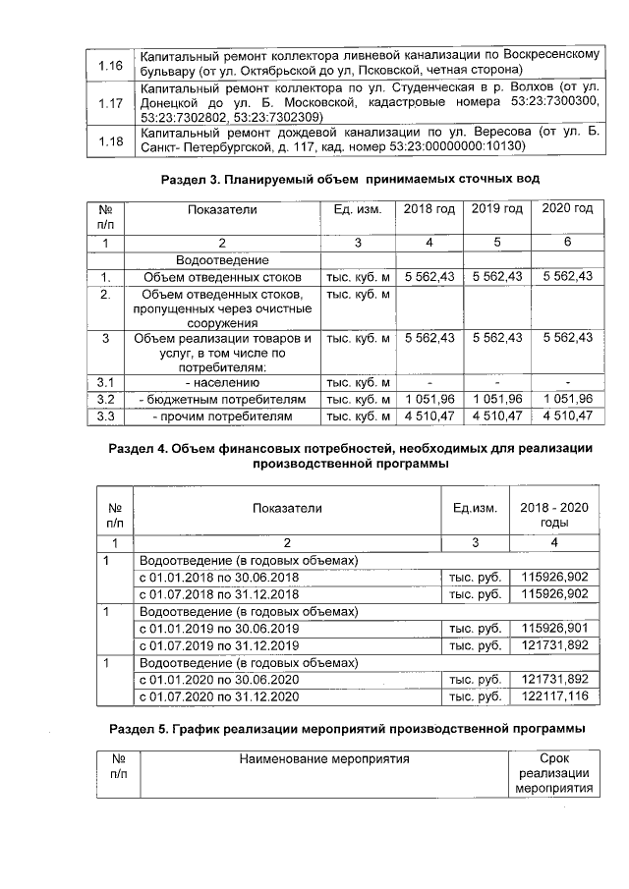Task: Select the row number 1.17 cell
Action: (111, 103)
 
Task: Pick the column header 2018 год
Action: (429, 209)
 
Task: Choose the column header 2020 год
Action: (568, 209)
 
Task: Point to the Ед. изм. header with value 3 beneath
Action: (357, 209)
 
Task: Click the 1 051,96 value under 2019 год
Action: (497, 399)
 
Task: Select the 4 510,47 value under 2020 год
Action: (568, 417)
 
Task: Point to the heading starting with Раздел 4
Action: (351, 457)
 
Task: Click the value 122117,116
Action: (555, 696)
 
